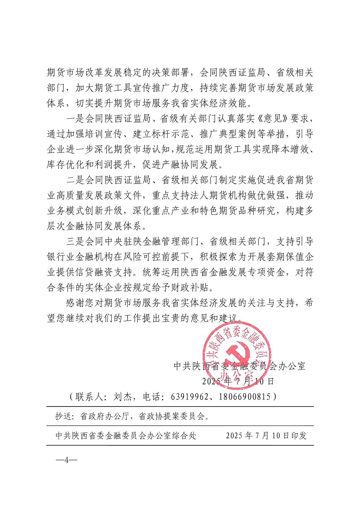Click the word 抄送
point(63,416)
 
